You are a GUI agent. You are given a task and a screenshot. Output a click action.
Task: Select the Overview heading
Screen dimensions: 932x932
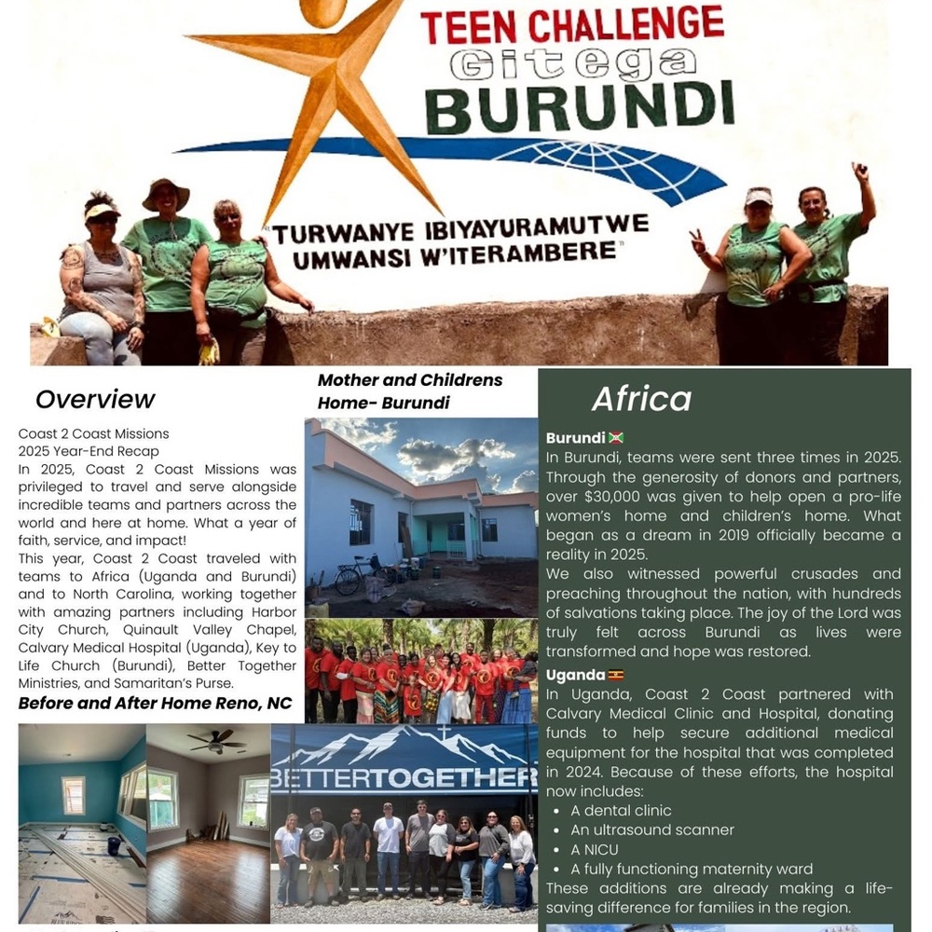click(x=95, y=400)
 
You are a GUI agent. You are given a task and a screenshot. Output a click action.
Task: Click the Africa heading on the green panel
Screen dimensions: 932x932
click(x=641, y=399)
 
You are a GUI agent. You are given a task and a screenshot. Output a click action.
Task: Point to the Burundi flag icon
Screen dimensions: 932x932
click(x=615, y=438)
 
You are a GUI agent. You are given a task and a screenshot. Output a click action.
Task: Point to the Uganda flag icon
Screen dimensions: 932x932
click(x=615, y=675)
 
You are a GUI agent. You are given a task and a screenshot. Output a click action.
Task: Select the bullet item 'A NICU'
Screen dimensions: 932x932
click(x=594, y=849)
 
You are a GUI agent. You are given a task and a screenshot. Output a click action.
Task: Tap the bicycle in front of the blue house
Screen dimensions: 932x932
click(x=350, y=576)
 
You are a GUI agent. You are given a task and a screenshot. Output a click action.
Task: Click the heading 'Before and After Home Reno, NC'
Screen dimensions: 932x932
click(x=155, y=703)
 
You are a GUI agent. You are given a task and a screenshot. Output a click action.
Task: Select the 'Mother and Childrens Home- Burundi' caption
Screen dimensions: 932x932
click(x=410, y=391)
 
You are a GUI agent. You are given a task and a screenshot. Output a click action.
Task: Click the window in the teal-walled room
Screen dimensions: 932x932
click(x=73, y=795)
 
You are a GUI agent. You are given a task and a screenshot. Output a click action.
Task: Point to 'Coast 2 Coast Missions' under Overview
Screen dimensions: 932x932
click(x=93, y=433)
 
